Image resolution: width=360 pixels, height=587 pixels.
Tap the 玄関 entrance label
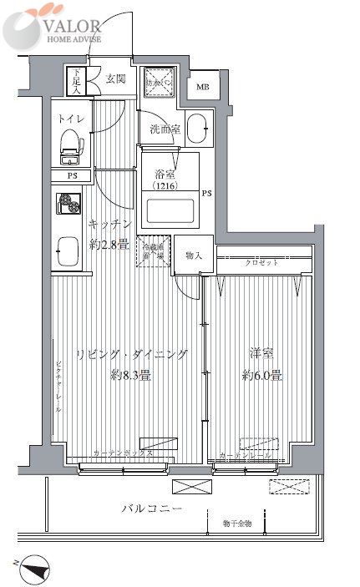click(115, 79)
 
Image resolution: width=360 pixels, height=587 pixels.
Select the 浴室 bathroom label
click(165, 175)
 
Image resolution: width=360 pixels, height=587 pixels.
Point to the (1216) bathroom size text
click(165, 189)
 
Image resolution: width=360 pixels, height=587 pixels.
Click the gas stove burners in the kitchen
click(68, 205)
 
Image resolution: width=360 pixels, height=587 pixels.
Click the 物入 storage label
click(193, 256)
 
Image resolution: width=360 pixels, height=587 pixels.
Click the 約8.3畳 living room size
click(131, 375)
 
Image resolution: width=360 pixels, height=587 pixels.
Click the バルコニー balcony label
click(151, 508)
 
